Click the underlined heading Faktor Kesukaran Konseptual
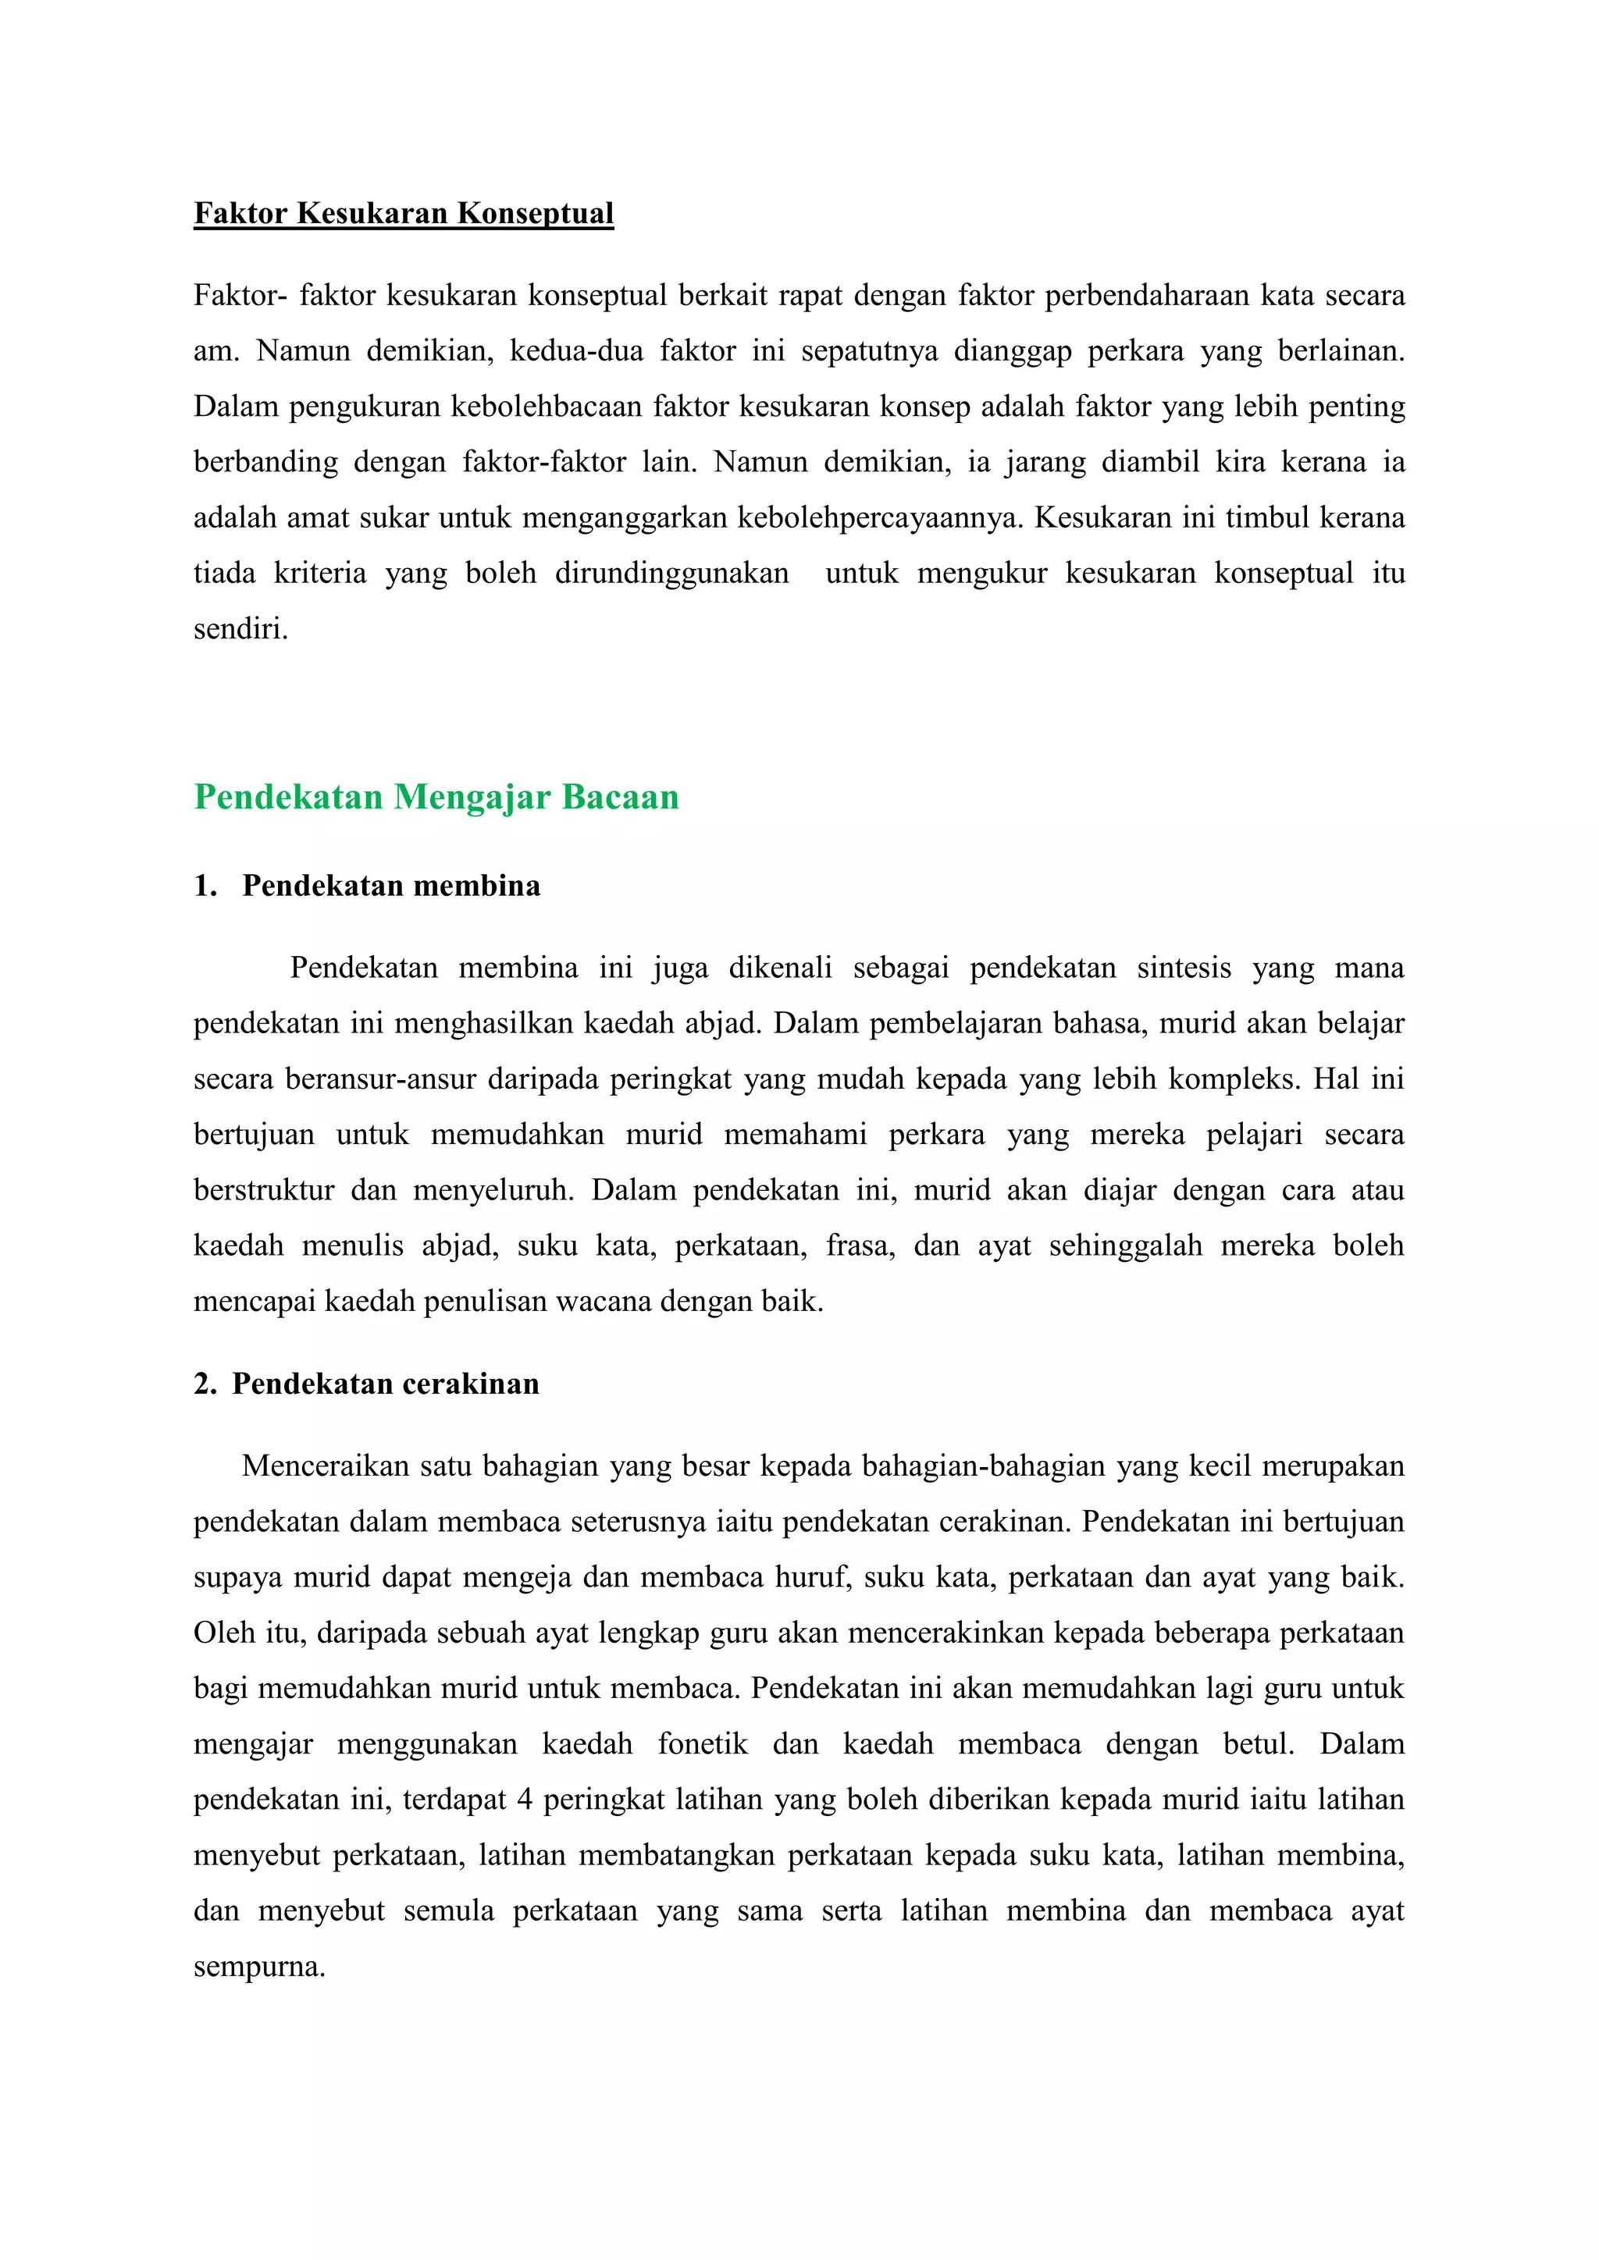pos(404,214)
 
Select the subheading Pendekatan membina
pos(391,886)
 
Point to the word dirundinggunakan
pos(671,573)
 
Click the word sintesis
pos(1184,968)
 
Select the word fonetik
pos(702,1744)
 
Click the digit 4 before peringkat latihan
pos(525,1800)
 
